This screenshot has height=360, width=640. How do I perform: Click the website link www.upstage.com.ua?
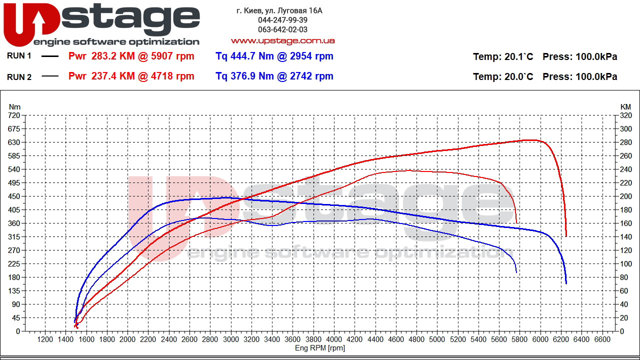(x=282, y=40)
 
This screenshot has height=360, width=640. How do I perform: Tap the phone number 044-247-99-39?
(x=282, y=20)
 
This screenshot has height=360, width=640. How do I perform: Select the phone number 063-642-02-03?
(x=282, y=29)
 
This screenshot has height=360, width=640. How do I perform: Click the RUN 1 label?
(x=19, y=56)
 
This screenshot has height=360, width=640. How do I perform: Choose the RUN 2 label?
(x=19, y=76)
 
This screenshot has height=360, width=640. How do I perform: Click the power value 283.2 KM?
(x=113, y=56)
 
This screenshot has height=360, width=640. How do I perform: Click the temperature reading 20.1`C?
(x=518, y=56)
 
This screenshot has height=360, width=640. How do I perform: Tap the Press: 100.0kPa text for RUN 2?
(x=579, y=76)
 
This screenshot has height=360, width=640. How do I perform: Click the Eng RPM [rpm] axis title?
(x=320, y=348)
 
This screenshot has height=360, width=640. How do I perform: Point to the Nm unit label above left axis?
(x=15, y=106)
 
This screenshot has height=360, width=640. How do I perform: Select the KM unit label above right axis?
(x=625, y=106)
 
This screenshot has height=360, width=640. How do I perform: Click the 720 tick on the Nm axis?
(x=14, y=115)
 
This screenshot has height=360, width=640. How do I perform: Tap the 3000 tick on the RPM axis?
(x=231, y=339)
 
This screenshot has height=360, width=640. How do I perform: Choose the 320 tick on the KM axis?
(x=625, y=115)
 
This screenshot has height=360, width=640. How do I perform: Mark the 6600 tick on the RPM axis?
(x=602, y=339)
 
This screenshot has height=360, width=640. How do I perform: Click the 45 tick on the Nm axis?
(x=16, y=318)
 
